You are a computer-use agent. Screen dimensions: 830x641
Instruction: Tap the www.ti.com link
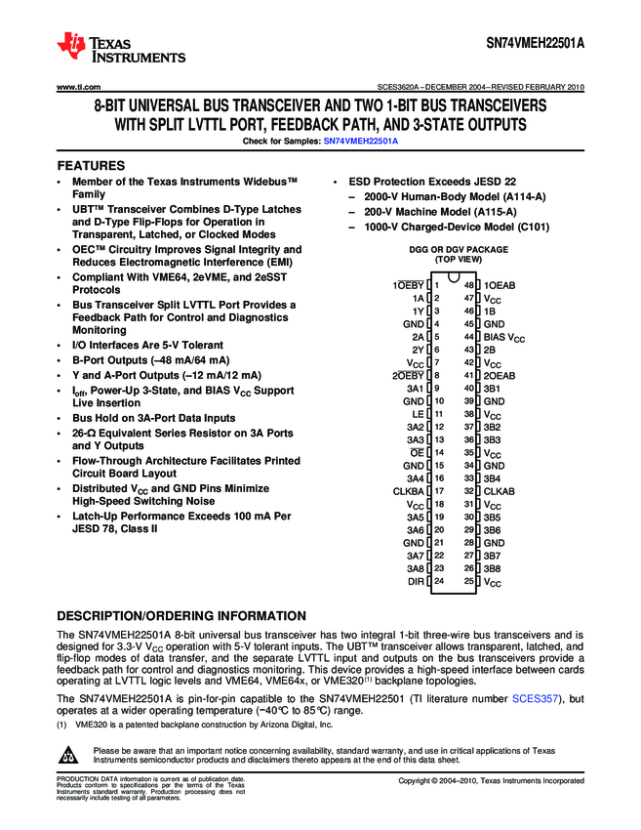point(80,87)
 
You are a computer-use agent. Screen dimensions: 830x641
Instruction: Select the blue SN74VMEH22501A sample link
point(361,142)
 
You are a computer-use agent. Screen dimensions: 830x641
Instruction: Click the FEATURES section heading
point(91,166)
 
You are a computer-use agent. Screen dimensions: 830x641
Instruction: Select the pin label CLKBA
point(409,491)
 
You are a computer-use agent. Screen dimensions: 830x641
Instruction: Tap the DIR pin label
point(416,582)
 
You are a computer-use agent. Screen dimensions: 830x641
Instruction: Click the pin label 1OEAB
point(500,284)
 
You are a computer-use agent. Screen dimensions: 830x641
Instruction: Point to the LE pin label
point(418,414)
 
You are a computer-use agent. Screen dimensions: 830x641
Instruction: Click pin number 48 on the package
point(469,284)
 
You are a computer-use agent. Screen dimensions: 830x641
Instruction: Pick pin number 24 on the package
point(439,582)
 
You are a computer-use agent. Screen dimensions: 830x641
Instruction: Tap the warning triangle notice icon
point(69,756)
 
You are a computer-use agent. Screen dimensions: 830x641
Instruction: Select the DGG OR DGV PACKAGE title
point(458,250)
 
